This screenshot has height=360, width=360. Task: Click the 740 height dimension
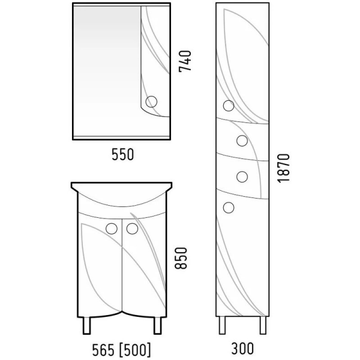pos(185,61)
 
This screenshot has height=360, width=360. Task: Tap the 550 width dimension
pos(122,154)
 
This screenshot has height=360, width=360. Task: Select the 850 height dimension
pos(181,258)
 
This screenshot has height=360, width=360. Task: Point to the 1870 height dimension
pos(283,168)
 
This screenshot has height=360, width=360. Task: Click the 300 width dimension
pos(243,348)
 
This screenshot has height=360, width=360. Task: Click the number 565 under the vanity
pos(103,350)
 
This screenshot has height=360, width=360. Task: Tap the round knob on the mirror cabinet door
pos(151,102)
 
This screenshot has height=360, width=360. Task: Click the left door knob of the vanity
pos(112,229)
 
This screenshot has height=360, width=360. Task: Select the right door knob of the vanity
pos(132,229)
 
